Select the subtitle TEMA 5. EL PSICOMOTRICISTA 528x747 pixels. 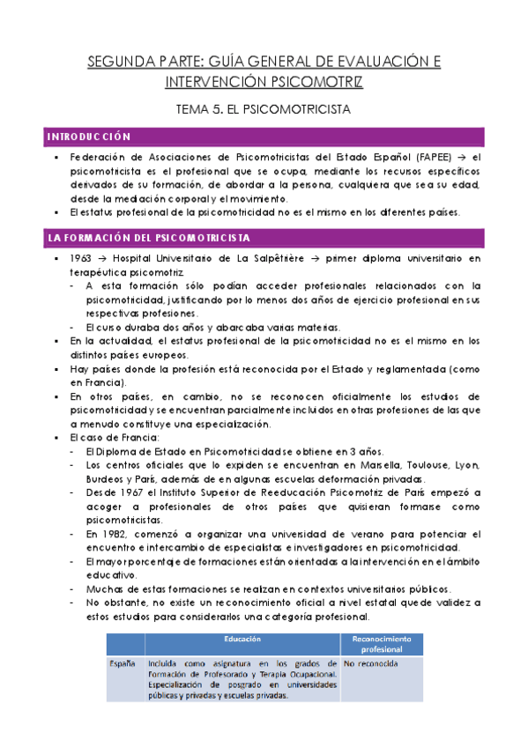pyautogui.click(x=264, y=110)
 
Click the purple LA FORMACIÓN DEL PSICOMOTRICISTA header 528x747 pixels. pyautogui.click(x=150, y=239)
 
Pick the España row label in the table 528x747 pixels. pyautogui.click(x=123, y=662)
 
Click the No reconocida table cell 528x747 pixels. pyautogui.click(x=371, y=662)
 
